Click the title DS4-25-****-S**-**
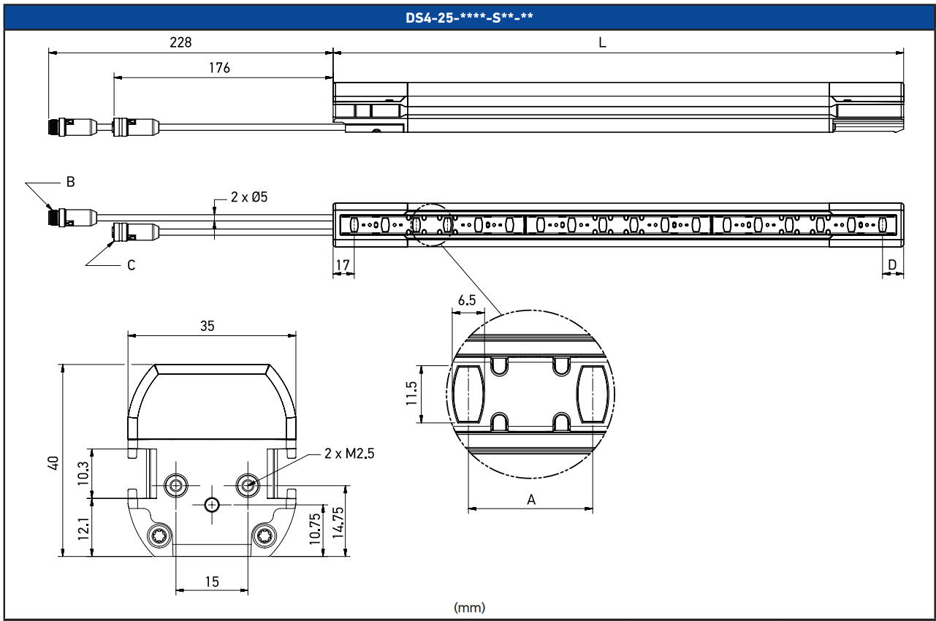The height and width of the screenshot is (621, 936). pos(468,17)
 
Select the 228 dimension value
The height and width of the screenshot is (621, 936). pos(180,42)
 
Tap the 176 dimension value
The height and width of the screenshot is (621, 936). pos(219,68)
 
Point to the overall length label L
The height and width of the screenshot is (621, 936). pos(602,42)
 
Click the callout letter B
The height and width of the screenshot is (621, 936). pos(71,182)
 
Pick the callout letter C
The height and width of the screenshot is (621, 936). pos(131,265)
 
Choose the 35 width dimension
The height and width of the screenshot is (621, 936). pos(208,326)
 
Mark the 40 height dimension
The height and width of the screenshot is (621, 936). pos(53,462)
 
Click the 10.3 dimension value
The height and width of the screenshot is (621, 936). pos(83,473)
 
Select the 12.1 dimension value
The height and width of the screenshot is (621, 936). pos(83,528)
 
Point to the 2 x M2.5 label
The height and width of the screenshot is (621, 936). pos(350,454)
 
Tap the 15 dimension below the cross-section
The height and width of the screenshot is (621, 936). pos(212,582)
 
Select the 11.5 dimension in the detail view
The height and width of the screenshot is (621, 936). pos(411,392)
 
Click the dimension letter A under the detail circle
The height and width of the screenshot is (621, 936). pos(531,500)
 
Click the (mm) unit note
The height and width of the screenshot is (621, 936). pos(469,607)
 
